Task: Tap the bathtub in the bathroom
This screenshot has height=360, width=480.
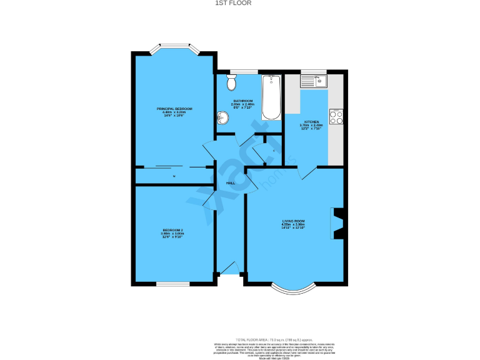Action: point(271,97)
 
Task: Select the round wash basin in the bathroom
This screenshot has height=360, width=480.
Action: point(222,117)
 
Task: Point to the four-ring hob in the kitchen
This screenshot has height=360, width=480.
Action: point(336,117)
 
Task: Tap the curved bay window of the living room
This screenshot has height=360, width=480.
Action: point(293,289)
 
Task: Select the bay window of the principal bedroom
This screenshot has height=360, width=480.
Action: point(174,48)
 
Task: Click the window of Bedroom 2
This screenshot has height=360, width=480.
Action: point(172,284)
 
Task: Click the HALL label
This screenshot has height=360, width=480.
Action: point(230,183)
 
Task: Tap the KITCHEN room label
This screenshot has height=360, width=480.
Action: point(311,122)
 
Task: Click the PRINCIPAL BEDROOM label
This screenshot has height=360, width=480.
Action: point(174,109)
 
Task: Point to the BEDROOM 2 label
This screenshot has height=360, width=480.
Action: point(173,230)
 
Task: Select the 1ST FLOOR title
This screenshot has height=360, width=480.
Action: point(239,3)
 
